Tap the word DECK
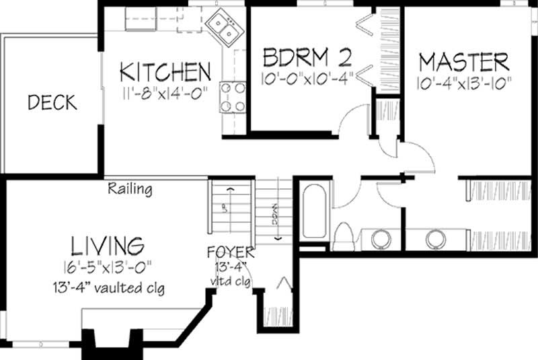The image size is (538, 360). (52, 103)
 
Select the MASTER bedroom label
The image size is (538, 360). (463, 62)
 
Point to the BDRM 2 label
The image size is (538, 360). (307, 55)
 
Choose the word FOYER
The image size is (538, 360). (231, 253)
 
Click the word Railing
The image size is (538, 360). (130, 190)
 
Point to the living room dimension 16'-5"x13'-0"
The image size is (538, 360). (107, 265)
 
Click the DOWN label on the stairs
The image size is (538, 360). (276, 219)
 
